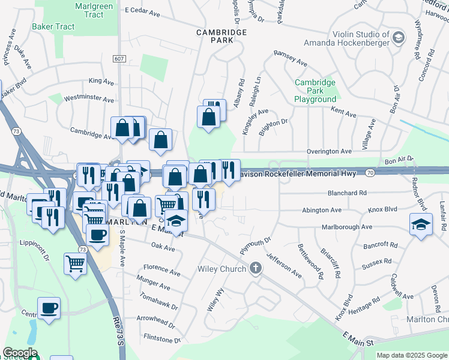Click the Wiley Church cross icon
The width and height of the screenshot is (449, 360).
point(256,268)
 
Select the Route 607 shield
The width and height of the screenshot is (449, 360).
point(119,59)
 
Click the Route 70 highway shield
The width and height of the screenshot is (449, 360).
point(370,173)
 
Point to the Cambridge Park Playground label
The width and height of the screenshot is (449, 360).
point(315,91)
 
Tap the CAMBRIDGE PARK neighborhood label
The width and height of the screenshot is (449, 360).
point(213,35)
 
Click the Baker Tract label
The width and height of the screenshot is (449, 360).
point(53,26)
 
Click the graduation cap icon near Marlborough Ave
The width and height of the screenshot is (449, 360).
point(421,226)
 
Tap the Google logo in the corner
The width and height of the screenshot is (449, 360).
point(20,352)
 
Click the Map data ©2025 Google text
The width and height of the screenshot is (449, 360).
point(412,355)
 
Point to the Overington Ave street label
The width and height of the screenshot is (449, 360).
point(329,152)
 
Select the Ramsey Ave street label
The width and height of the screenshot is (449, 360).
point(291,58)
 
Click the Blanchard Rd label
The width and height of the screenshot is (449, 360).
point(347,193)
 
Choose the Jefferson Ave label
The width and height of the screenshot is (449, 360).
point(283,265)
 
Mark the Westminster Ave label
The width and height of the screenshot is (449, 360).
point(89,98)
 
